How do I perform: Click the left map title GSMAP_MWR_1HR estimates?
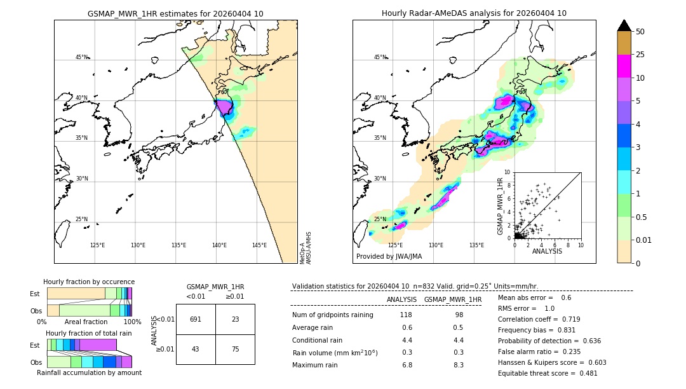[x=175, y=13]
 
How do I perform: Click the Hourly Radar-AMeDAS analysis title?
[x=474, y=13]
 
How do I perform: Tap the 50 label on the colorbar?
[x=640, y=31]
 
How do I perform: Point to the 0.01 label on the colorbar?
[x=644, y=240]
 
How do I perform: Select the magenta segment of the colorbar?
[x=624, y=66]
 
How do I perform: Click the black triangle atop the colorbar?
[x=624, y=25]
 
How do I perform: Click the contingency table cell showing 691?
[x=196, y=319]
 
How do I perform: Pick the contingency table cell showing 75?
[x=235, y=349]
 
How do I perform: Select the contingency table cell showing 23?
[x=235, y=319]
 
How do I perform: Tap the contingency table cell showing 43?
[x=196, y=349]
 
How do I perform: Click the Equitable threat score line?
[x=548, y=373]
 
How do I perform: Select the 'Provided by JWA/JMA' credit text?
[x=389, y=256]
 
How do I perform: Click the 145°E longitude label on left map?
[x=259, y=245]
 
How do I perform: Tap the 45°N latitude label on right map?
[x=379, y=57]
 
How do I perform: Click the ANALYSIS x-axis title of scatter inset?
[x=547, y=251]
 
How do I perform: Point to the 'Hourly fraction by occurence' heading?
[x=89, y=282]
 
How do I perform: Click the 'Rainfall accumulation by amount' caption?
[x=89, y=372]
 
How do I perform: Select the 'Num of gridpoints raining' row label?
[x=332, y=315]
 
